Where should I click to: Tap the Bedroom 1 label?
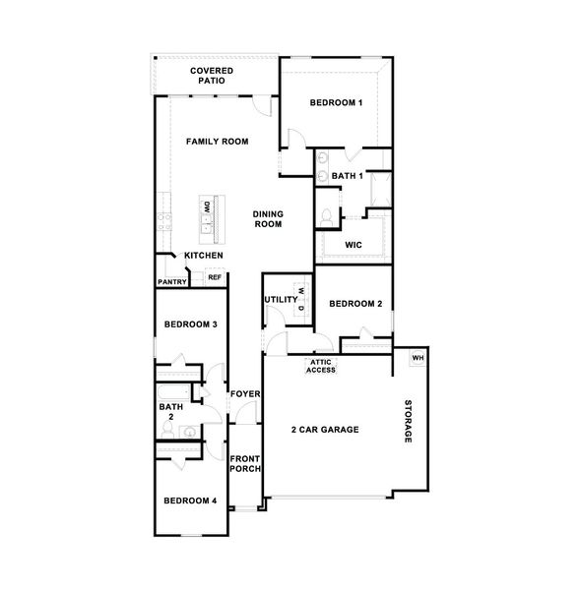pyautogui.click(x=337, y=102)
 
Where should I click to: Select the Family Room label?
pyautogui.click(x=218, y=142)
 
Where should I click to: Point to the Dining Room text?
pyautogui.click(x=268, y=219)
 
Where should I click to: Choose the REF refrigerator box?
pyautogui.click(x=213, y=278)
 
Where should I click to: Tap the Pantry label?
pyautogui.click(x=172, y=283)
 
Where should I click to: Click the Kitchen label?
pyautogui.click(x=203, y=256)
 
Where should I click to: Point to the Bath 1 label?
pyautogui.click(x=348, y=176)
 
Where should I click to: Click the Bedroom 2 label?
pyautogui.click(x=354, y=304)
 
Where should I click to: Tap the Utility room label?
pyautogui.click(x=281, y=298)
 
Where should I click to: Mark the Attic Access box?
pyautogui.click(x=321, y=367)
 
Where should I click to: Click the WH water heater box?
pyautogui.click(x=418, y=357)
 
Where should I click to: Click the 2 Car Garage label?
pyautogui.click(x=324, y=430)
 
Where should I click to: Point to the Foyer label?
pyautogui.click(x=244, y=394)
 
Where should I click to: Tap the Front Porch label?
pyautogui.click(x=245, y=463)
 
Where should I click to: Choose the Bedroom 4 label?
pyautogui.click(x=190, y=501)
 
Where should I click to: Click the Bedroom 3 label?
pyautogui.click(x=191, y=324)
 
